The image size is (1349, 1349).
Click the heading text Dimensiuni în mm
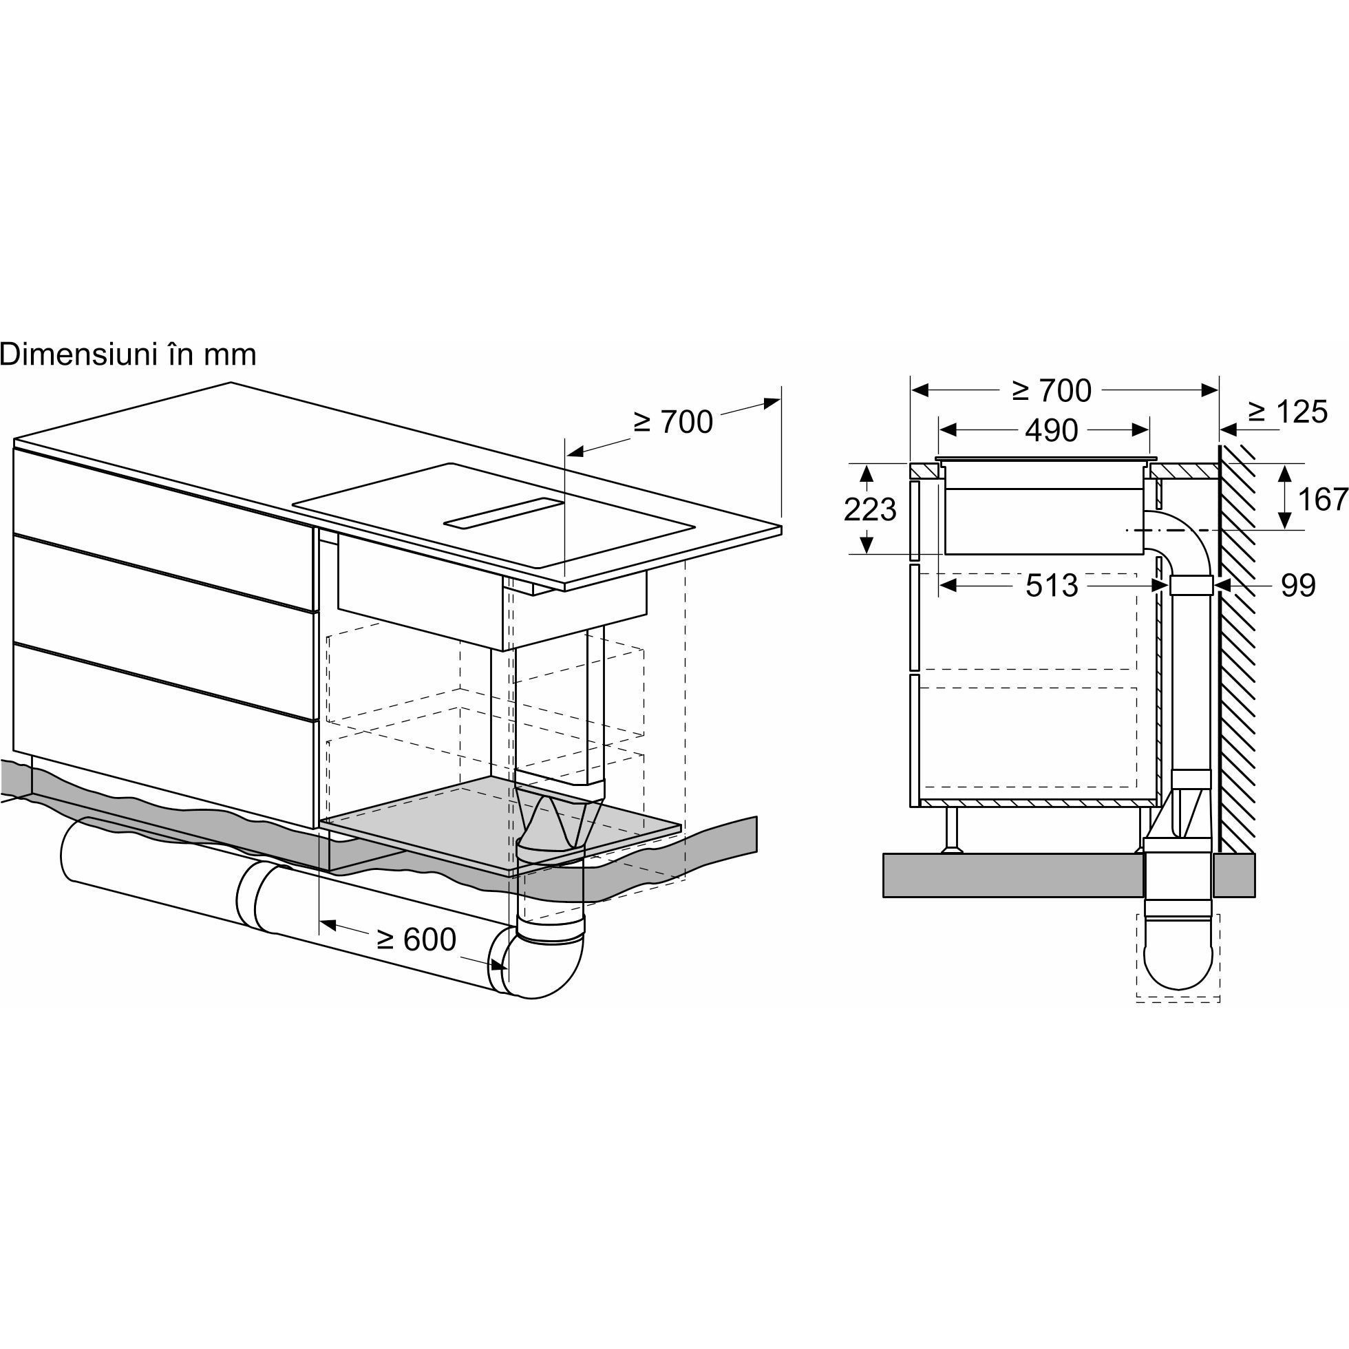pos(128,354)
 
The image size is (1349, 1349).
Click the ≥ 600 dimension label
pos(416,939)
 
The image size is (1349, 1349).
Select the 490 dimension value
pos(1052,431)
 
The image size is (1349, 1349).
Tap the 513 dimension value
pos(1052,586)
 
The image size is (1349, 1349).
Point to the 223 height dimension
pos(869,509)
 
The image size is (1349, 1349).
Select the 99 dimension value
pos(1299,585)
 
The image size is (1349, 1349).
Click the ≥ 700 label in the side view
pos(1052,391)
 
